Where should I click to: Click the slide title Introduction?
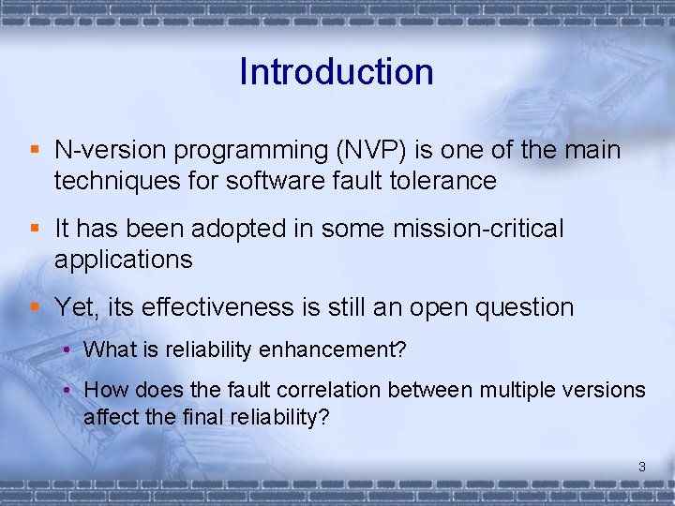[337, 72]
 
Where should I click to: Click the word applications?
[123, 260]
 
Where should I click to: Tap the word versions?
[607, 390]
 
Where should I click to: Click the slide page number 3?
[642, 466]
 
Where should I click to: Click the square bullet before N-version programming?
[35, 150]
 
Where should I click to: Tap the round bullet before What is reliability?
[68, 350]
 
